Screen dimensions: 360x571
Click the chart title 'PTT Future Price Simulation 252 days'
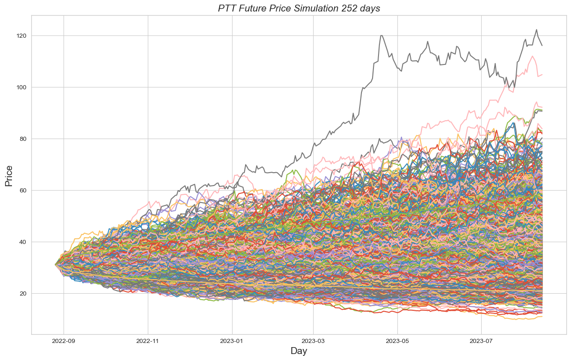tap(299, 8)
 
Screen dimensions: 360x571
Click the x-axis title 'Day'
tap(298, 351)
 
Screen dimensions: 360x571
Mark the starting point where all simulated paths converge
tap(56, 265)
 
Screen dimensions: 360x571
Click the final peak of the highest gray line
tap(536, 30)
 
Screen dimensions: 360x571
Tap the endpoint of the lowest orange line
tap(542, 316)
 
